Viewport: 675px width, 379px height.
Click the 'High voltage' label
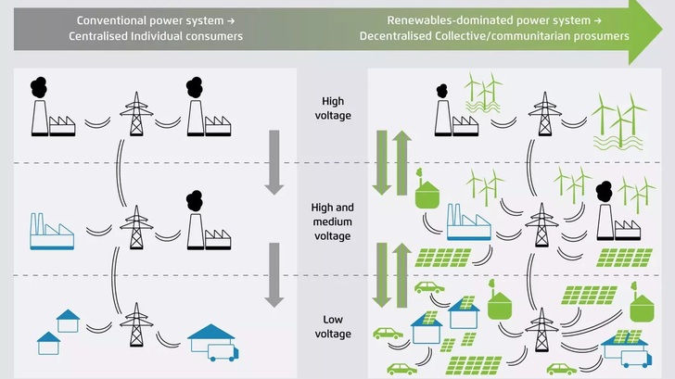pos(332,109)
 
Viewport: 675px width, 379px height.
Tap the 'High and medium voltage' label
pos(332,222)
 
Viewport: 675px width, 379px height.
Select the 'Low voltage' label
pos(332,325)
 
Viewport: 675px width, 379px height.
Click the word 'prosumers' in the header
pos(598,36)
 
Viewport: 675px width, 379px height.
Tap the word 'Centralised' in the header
pos(102,36)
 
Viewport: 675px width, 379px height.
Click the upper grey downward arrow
pos(274,162)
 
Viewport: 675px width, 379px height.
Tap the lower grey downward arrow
pos(274,274)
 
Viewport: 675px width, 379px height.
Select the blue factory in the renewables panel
pos(468,229)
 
